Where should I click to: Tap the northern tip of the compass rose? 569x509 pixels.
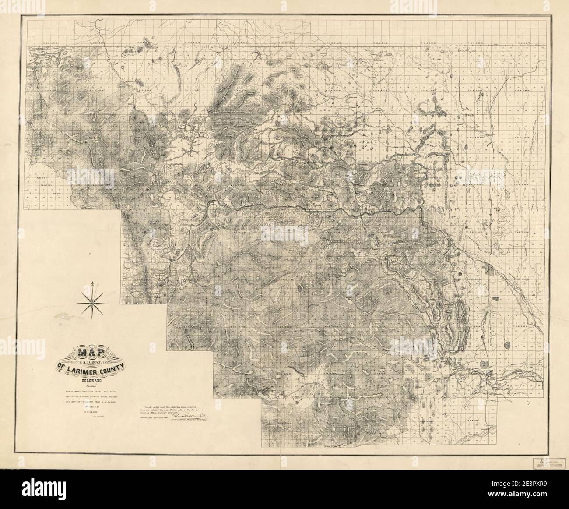93,285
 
